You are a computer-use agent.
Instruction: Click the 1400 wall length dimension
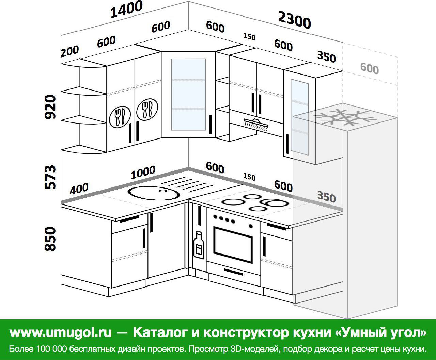(x=126, y=9)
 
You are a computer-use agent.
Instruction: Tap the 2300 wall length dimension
(x=294, y=20)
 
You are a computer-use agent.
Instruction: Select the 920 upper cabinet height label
(x=50, y=107)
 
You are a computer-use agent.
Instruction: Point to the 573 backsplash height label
(x=50, y=177)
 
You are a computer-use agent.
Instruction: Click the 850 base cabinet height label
(x=50, y=239)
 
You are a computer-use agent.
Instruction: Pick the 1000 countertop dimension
(x=143, y=172)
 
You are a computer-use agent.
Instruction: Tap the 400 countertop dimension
(x=79, y=189)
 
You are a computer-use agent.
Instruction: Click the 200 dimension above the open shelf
(x=70, y=51)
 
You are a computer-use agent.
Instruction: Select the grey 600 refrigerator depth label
(x=370, y=69)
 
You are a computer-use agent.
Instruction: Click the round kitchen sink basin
(x=154, y=193)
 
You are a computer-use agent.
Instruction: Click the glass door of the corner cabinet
(x=188, y=95)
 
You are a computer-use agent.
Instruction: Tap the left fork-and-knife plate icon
(x=120, y=117)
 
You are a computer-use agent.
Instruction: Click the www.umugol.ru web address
(x=61, y=332)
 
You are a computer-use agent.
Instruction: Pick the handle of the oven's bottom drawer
(x=233, y=272)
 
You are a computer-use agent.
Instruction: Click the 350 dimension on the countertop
(x=326, y=197)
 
